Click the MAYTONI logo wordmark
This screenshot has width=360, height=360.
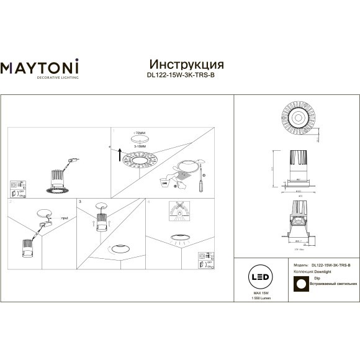click(38, 67)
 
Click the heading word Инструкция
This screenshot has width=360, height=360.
click(187, 64)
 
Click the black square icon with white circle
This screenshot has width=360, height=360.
click(299, 283)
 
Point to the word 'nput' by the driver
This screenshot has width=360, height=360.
click(64, 218)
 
